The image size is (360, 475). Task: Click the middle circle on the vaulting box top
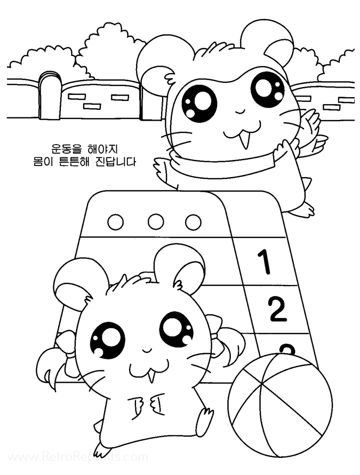pyautogui.click(x=156, y=222)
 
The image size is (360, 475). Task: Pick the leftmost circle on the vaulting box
pyautogui.click(x=115, y=222)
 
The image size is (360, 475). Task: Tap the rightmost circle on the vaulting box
pyautogui.click(x=193, y=222)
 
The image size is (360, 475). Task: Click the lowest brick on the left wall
pyautogui.click(x=92, y=106)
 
